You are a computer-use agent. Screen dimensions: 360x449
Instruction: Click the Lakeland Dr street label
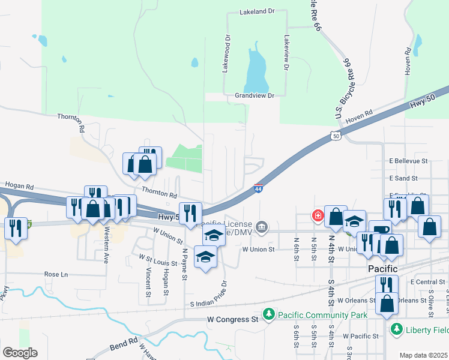(256, 11)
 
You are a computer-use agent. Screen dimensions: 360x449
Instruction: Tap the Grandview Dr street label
(254, 95)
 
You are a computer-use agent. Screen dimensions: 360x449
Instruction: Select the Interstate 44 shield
(258, 188)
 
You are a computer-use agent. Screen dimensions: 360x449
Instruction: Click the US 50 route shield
(336, 137)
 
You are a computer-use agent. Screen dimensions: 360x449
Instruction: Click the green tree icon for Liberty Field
(396, 329)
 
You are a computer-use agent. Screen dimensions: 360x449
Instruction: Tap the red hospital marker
(317, 215)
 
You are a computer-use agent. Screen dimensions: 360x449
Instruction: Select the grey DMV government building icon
(262, 227)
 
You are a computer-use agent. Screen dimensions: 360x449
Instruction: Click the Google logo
(20, 353)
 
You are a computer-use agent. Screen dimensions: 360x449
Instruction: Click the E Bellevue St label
(408, 161)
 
